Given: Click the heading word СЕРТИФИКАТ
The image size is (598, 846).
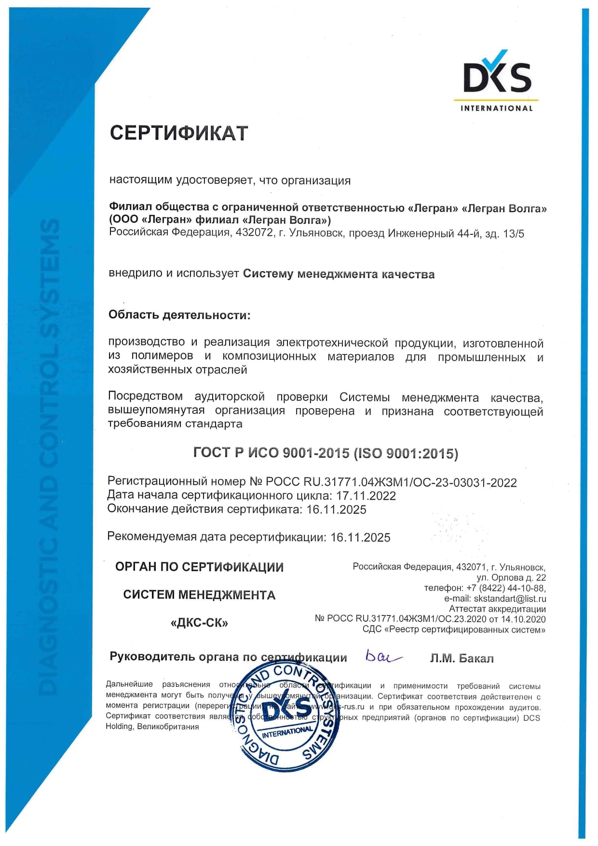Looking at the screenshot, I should (x=179, y=133).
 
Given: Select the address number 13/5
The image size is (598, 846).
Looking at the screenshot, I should (x=513, y=234).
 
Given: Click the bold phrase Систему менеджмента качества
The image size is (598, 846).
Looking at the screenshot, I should (x=339, y=274).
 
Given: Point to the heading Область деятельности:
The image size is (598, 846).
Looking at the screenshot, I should (x=179, y=315).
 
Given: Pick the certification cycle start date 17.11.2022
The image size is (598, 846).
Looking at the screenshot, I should (x=366, y=496).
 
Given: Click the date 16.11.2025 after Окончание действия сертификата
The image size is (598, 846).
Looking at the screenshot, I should (x=336, y=509).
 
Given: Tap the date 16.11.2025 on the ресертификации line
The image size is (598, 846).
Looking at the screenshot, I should (x=360, y=537).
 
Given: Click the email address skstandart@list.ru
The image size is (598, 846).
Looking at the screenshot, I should (x=510, y=599).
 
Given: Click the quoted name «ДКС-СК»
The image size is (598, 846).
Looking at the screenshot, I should (x=199, y=623).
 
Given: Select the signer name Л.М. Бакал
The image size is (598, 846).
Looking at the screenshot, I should (x=462, y=658).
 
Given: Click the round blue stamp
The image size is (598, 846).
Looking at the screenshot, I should (x=289, y=713).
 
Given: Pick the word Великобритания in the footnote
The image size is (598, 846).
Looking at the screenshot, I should (x=168, y=726).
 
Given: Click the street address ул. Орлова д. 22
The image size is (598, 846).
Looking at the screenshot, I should (x=511, y=577).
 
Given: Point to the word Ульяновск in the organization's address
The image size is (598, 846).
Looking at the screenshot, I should (x=316, y=233).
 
